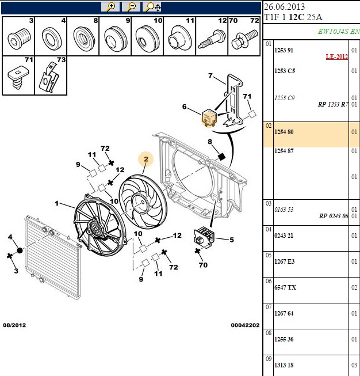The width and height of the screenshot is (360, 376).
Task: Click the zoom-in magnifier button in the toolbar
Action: (110, 7)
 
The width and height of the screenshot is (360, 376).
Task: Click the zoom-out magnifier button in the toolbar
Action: (131, 7)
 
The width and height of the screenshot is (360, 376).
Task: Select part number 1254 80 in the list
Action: (284, 132)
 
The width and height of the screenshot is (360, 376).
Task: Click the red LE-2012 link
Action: (337, 56)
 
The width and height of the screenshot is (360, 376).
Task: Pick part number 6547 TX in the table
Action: (285, 287)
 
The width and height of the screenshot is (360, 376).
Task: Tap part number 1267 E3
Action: (284, 261)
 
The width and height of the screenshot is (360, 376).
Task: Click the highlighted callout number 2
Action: (146, 159)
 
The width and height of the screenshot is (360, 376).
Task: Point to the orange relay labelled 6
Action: (209, 117)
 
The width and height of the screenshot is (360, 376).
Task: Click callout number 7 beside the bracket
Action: (210, 76)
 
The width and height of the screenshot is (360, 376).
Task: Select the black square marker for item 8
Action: (221, 157)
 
